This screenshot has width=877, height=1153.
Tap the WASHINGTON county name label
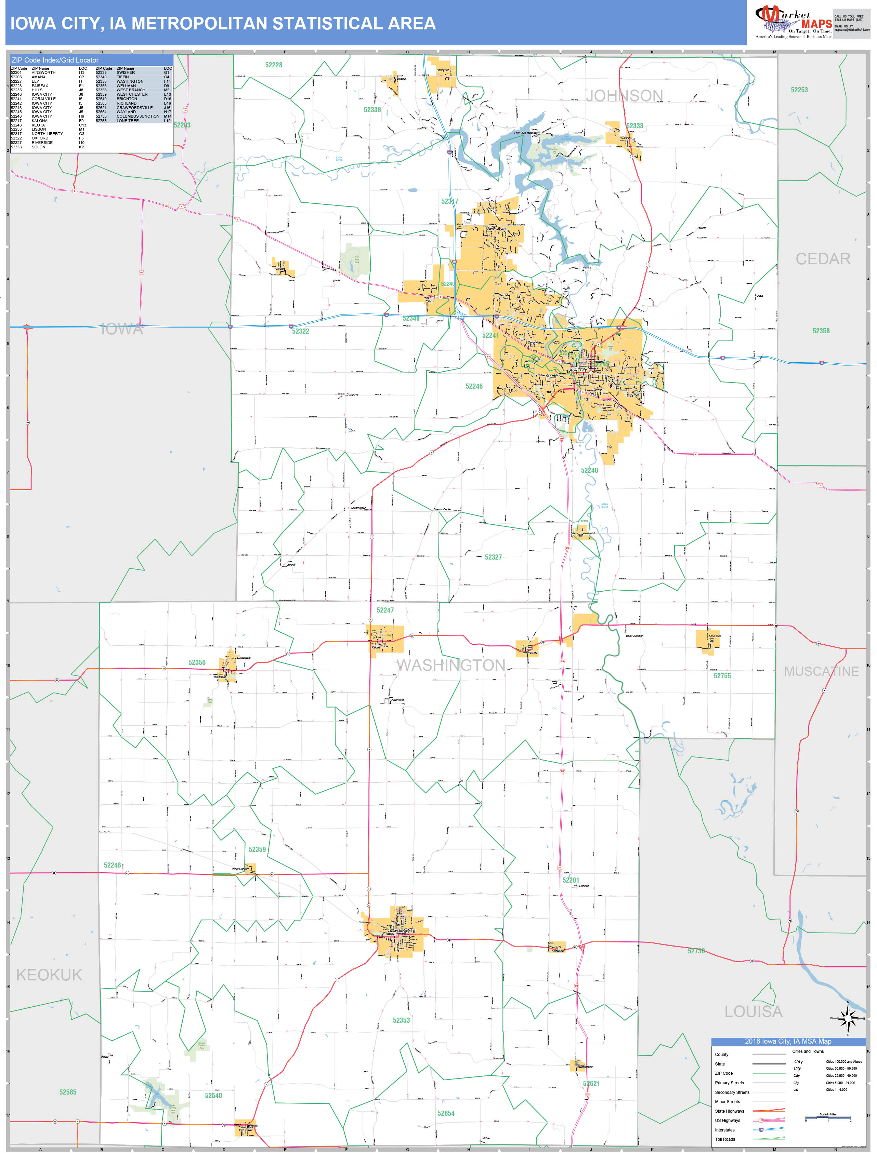(451, 665)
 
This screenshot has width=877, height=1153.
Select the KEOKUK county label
(49, 975)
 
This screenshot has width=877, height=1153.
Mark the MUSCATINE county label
(821, 671)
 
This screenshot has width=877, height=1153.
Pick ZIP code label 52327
(493, 557)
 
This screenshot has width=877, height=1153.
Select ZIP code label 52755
(722, 675)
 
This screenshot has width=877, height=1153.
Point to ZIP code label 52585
(67, 1092)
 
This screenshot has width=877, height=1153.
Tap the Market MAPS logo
(794, 22)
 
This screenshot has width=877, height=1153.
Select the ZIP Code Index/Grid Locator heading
(55, 60)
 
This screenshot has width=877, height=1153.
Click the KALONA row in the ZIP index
(40, 121)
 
